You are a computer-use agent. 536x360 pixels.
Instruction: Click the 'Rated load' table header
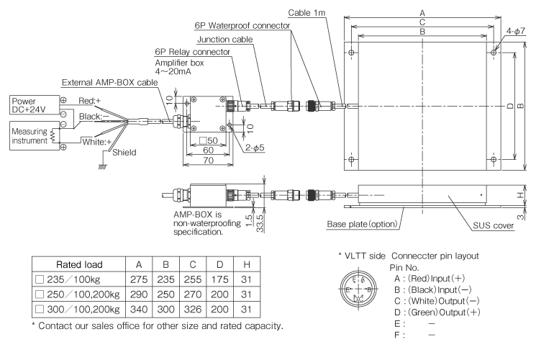(68, 264)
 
